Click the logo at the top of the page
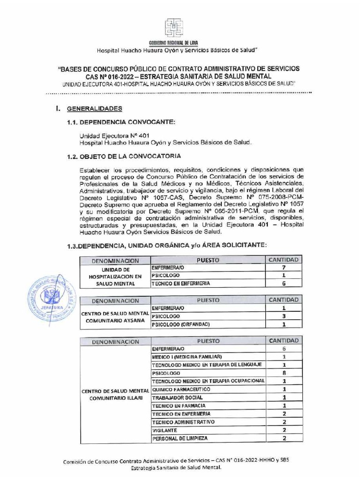[173, 28]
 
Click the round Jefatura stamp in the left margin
[48, 298]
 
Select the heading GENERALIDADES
[95, 109]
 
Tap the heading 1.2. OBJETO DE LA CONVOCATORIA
[124, 156]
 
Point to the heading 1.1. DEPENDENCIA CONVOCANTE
[121, 122]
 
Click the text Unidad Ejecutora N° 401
[108, 135]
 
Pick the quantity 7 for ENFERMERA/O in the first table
[284, 268]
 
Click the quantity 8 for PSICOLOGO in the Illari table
[284, 373]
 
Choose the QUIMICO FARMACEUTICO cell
[180, 390]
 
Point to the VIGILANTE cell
[164, 430]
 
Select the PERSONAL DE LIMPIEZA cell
[179, 439]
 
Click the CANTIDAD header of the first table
[284, 260]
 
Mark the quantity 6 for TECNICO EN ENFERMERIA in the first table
[284, 284]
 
